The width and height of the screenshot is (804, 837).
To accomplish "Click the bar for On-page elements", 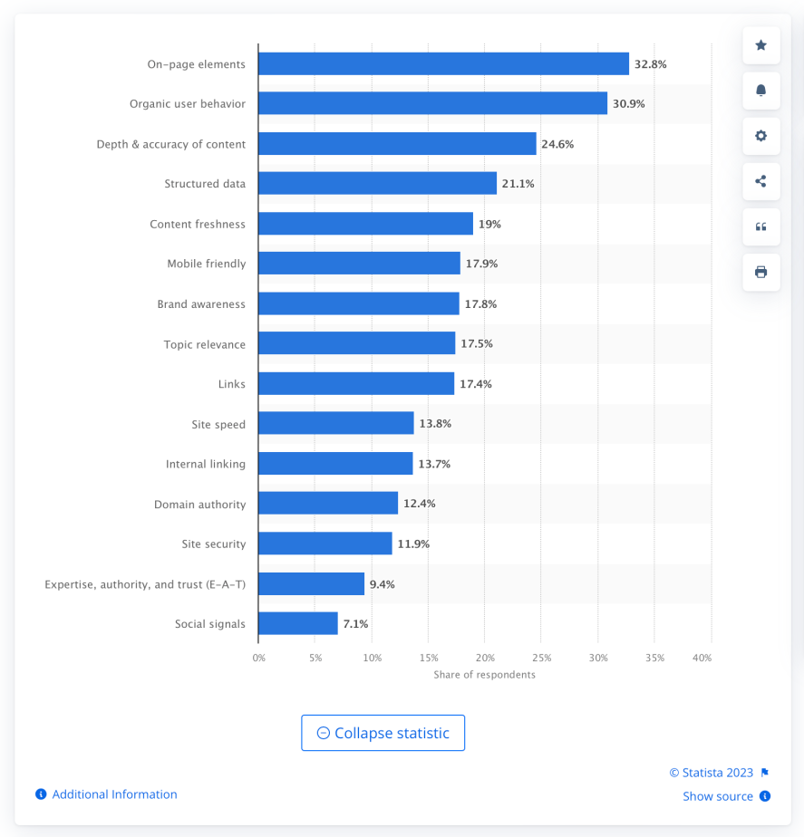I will [443, 64].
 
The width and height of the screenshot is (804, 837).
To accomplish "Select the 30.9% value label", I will [628, 104].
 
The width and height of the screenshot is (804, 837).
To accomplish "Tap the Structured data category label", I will [205, 184].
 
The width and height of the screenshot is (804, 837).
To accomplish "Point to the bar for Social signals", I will [297, 623].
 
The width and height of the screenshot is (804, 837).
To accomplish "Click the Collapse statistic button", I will [383, 733].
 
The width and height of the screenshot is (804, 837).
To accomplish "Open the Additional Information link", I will [114, 794].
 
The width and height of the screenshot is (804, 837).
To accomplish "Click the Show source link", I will [718, 796].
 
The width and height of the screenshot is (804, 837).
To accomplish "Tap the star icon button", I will [760, 45].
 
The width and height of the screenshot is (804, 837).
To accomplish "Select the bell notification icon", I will [760, 91].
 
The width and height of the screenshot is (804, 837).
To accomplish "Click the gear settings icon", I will [760, 136].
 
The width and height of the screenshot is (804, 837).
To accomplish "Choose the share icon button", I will [760, 181].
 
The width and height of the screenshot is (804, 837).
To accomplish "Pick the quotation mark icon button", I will [760, 226].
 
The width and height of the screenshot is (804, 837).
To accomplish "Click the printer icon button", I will [760, 272].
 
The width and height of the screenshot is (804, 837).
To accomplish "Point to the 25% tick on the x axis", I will [541, 658].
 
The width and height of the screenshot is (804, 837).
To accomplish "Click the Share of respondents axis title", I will [484, 675].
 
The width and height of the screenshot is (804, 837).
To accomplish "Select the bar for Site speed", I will [335, 423].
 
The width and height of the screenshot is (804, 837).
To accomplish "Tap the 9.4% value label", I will [382, 584].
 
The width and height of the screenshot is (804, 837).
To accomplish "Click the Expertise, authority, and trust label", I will [145, 584].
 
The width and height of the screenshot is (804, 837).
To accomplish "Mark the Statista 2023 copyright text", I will [712, 773].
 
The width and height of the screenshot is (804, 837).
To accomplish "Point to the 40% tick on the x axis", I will [702, 658].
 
